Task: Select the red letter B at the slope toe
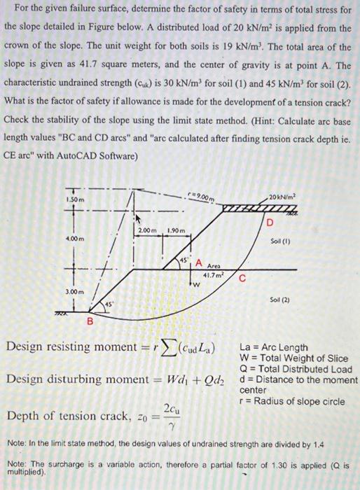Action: coord(89,321)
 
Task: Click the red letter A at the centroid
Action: coord(198,263)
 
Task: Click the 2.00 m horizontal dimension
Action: coord(147,230)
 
